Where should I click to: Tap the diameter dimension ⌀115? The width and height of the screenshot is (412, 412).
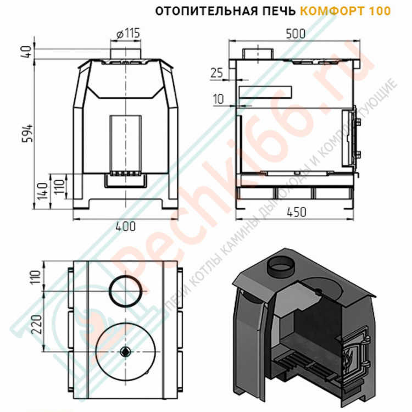coord(128,34)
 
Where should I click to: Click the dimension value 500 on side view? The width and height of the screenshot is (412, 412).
coord(296,34)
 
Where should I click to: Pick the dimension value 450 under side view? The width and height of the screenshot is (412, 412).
coord(296,214)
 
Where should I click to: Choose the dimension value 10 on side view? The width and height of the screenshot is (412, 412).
coord(218,99)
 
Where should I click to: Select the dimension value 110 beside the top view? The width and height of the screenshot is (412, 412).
coord(36,277)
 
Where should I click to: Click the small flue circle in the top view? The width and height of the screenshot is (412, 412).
coord(125,291)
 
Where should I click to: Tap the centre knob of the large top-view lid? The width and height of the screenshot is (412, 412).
coord(126,352)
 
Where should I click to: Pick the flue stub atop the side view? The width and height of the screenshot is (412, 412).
coord(257,53)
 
